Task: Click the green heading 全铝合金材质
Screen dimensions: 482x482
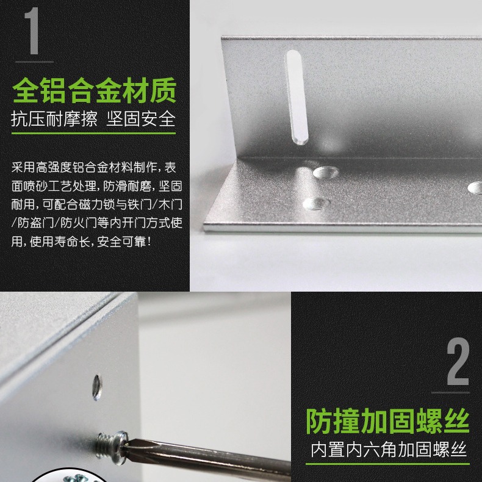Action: [x=95, y=90]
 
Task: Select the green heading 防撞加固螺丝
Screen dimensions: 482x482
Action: [x=387, y=421]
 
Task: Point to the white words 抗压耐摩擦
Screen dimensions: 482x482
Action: [x=54, y=118]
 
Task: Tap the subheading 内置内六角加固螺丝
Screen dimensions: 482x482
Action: [x=389, y=450]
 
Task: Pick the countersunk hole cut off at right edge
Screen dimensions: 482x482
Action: [x=475, y=187]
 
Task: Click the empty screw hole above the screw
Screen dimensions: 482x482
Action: [x=97, y=385]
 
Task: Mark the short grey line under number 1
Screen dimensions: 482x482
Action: [x=34, y=62]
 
